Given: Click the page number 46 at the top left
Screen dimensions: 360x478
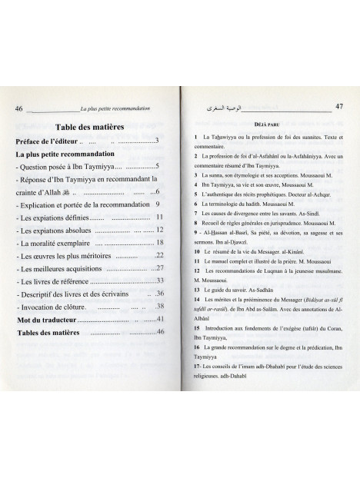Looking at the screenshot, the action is coord(20,109).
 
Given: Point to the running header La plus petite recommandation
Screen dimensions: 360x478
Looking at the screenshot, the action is coord(116,109).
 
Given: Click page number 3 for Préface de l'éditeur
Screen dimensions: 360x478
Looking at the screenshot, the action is coord(156,141).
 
